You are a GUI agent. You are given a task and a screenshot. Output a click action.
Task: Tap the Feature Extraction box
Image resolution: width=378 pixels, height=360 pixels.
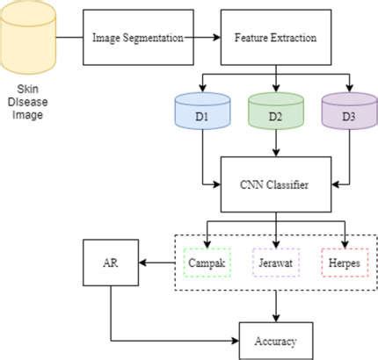276,39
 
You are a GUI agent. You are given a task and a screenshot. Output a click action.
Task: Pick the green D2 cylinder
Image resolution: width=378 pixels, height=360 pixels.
276,112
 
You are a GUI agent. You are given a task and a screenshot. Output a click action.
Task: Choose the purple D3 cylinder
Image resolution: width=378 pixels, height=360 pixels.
348,112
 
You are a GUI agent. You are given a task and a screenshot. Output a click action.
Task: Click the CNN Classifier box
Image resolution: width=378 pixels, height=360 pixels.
276,184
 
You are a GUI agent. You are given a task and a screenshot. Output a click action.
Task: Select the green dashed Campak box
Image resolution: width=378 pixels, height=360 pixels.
208,262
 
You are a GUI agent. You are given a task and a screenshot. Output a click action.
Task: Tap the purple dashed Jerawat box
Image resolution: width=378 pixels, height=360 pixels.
276,262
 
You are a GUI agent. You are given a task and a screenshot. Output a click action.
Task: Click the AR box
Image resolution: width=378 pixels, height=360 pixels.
111,262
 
